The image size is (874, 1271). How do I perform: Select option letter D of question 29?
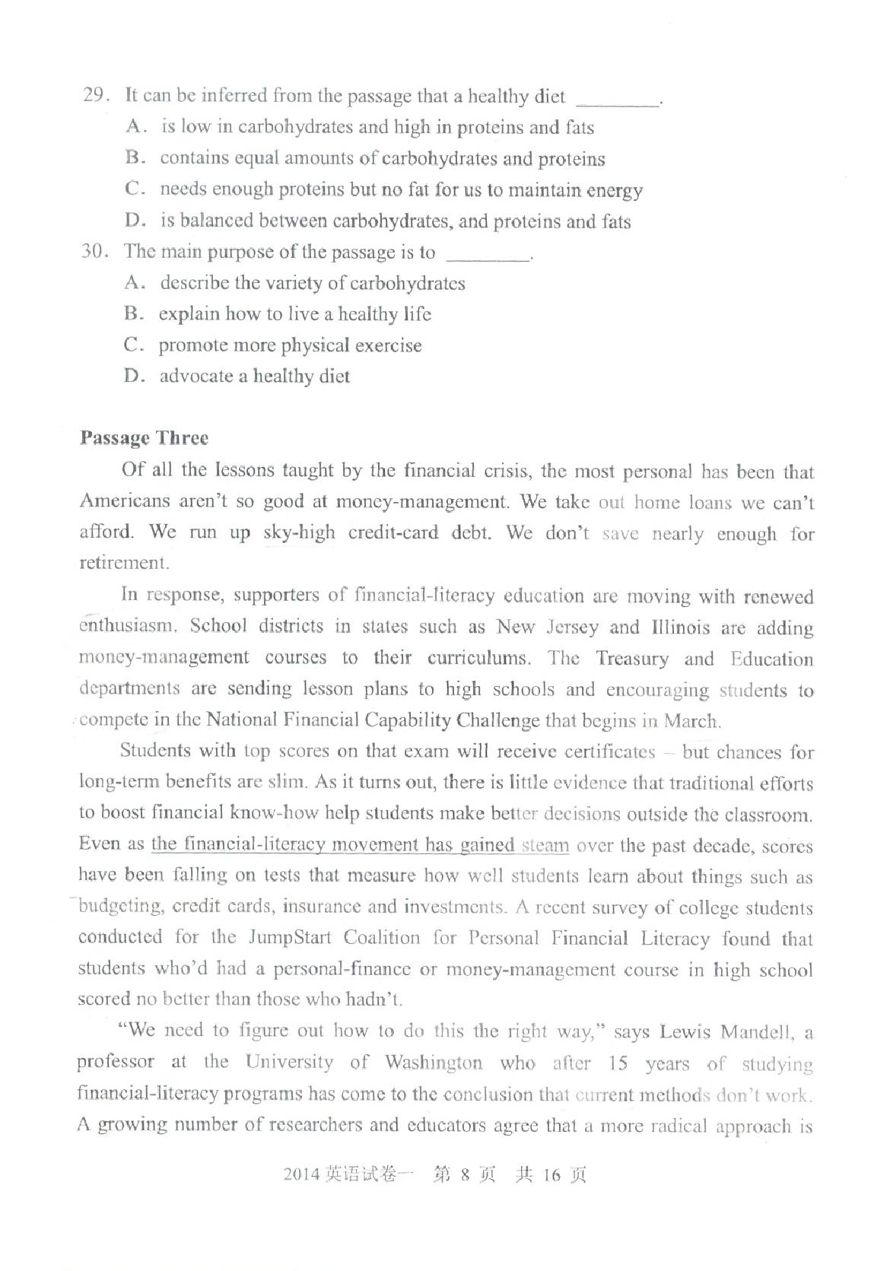point(135,221)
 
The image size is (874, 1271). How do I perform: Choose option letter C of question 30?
point(133,345)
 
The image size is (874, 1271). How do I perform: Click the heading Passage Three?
point(144,438)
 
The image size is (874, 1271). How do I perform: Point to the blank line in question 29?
point(618,103)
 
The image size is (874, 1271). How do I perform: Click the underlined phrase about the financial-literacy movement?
point(360,845)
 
